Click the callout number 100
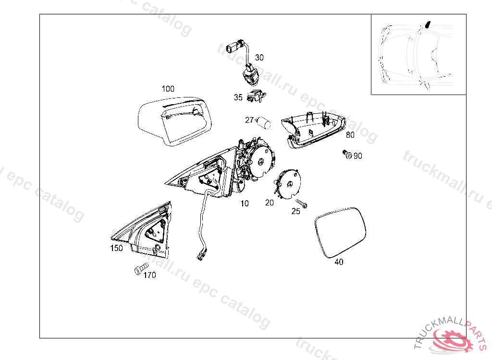pos(168,89)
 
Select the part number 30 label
pos(259,58)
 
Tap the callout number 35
pos(238,97)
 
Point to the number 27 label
pos(249,120)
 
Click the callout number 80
pos(350,135)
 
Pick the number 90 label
pos(358,156)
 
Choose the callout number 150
pos(116,248)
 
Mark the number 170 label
pos(149,276)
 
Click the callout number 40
pos(339,262)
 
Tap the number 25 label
pos(296,211)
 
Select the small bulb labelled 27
pos(264,122)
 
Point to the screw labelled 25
pos(301,204)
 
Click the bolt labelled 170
pos(141,269)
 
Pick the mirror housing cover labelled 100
pos(173,120)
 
